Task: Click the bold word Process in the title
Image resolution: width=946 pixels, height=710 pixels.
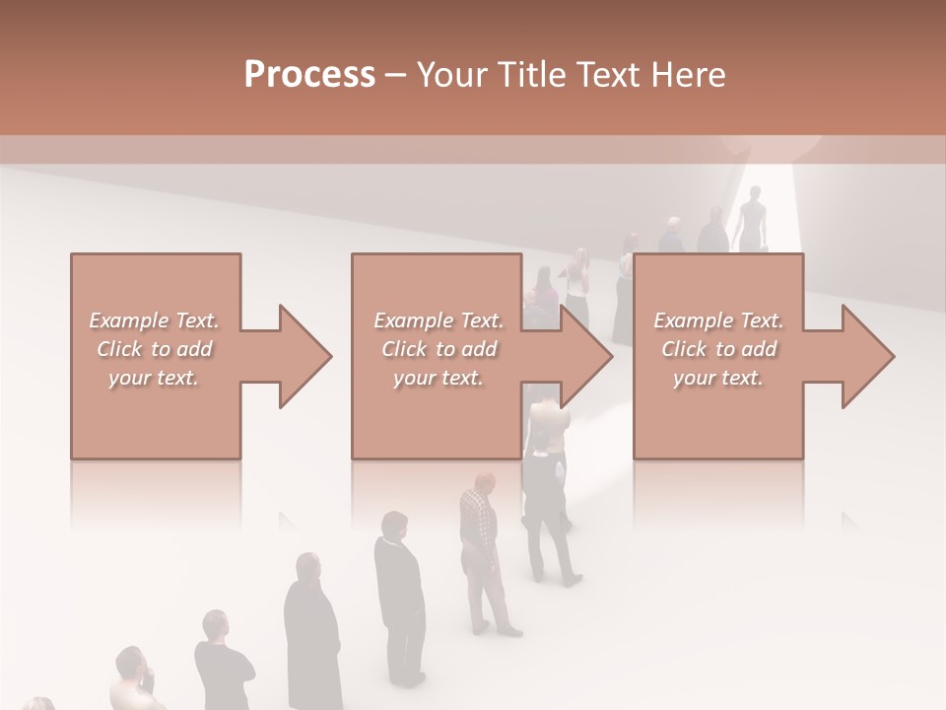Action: pos(309,75)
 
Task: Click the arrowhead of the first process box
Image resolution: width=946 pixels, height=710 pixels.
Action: pos(306,356)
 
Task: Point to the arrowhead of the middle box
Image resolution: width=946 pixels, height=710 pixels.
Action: pos(587,356)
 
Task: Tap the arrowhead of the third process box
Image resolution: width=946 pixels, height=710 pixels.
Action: pos(868,356)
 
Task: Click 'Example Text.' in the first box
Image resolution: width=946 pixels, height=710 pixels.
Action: pos(155,320)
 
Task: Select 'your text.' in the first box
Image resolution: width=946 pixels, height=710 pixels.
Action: pos(155,378)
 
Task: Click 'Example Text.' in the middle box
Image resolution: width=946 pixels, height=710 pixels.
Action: pos(439,320)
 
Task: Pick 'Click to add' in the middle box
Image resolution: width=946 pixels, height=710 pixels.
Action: pos(439,349)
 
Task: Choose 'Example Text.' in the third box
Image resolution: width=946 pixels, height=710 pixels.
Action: pos(719,320)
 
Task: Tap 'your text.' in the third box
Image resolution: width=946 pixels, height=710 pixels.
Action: pos(719,378)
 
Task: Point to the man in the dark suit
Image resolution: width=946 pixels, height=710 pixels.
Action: pos(398,592)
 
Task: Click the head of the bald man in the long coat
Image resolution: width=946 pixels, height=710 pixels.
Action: pos(308,566)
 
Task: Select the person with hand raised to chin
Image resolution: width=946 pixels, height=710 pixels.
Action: pos(133,680)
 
